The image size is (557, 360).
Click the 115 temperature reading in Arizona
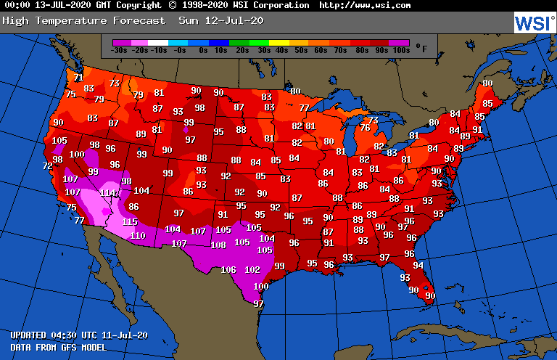click(130, 222)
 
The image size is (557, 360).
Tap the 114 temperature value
click(107, 193)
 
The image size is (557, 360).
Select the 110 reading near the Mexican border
click(138, 236)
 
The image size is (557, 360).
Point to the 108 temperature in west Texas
click(218, 245)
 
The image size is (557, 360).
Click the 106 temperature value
click(228, 270)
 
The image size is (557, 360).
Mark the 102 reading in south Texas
click(252, 270)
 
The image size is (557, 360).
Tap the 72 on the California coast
click(48, 166)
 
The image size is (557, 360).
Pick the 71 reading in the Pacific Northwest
click(78, 78)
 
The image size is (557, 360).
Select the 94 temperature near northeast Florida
click(418, 266)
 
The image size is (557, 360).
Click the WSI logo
click(533, 23)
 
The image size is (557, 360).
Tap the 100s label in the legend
click(400, 50)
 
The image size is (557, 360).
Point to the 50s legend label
click(300, 50)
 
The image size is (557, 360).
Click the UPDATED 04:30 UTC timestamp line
click(79, 335)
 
